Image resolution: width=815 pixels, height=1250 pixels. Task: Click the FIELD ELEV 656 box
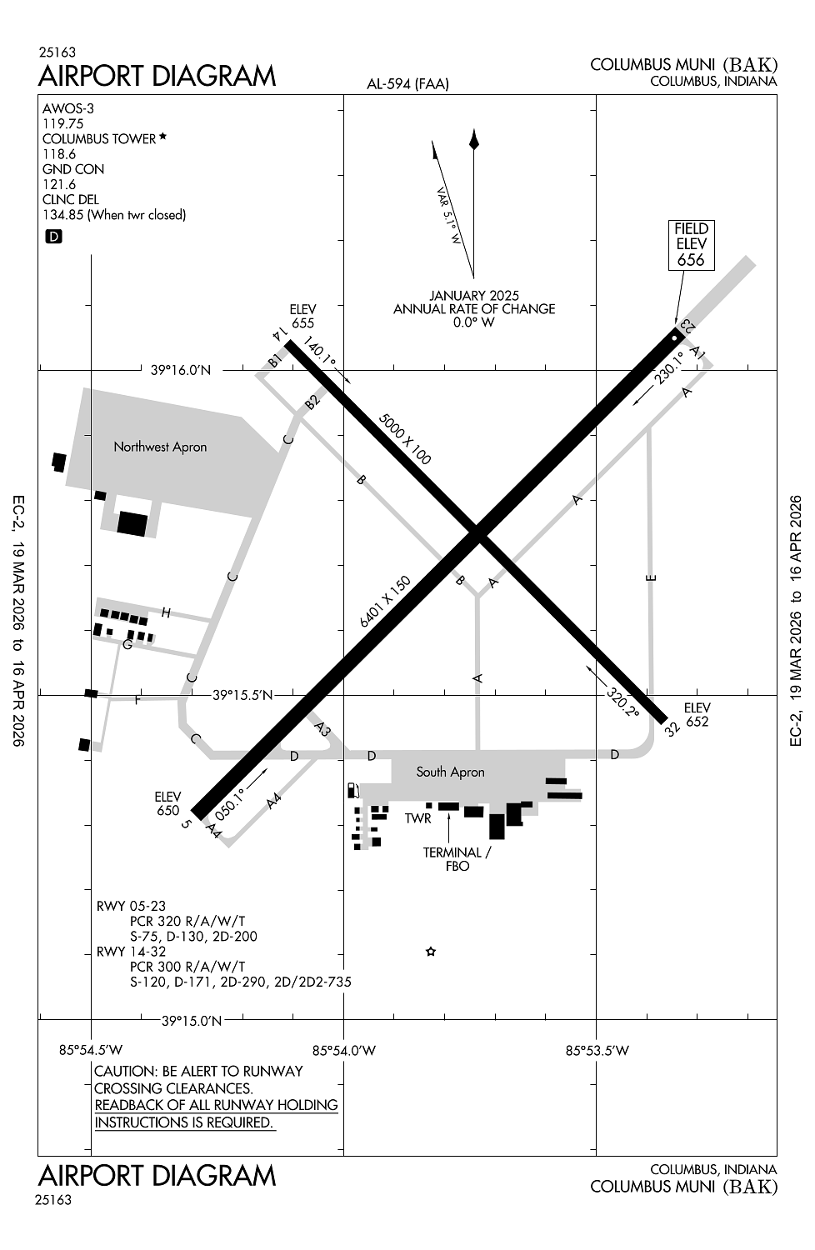[x=691, y=244]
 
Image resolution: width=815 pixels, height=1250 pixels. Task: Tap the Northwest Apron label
[x=160, y=447]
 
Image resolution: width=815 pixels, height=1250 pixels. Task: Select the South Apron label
[x=450, y=772]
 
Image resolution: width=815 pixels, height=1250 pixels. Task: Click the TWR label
[x=418, y=818]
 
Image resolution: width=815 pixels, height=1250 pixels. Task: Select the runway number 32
[x=673, y=728]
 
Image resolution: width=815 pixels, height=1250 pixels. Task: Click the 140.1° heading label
[x=319, y=353]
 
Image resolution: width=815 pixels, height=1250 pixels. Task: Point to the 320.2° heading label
[x=622, y=702]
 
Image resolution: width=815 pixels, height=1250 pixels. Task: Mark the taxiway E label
[x=652, y=577]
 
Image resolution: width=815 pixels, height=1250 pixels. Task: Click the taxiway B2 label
[x=312, y=402]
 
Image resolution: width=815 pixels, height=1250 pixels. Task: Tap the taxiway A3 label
[x=322, y=730]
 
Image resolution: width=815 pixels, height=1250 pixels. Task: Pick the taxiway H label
[x=166, y=613]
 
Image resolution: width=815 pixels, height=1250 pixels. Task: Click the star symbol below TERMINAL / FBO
[x=431, y=952]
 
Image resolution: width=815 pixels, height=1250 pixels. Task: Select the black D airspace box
[x=53, y=237]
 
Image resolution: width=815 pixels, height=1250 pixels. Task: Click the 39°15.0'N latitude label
[x=192, y=1020]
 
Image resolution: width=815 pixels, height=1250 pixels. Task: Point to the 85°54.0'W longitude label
[x=344, y=1050]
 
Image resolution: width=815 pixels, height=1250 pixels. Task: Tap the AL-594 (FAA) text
[x=407, y=83]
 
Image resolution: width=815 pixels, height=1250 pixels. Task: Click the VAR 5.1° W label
[x=449, y=215]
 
